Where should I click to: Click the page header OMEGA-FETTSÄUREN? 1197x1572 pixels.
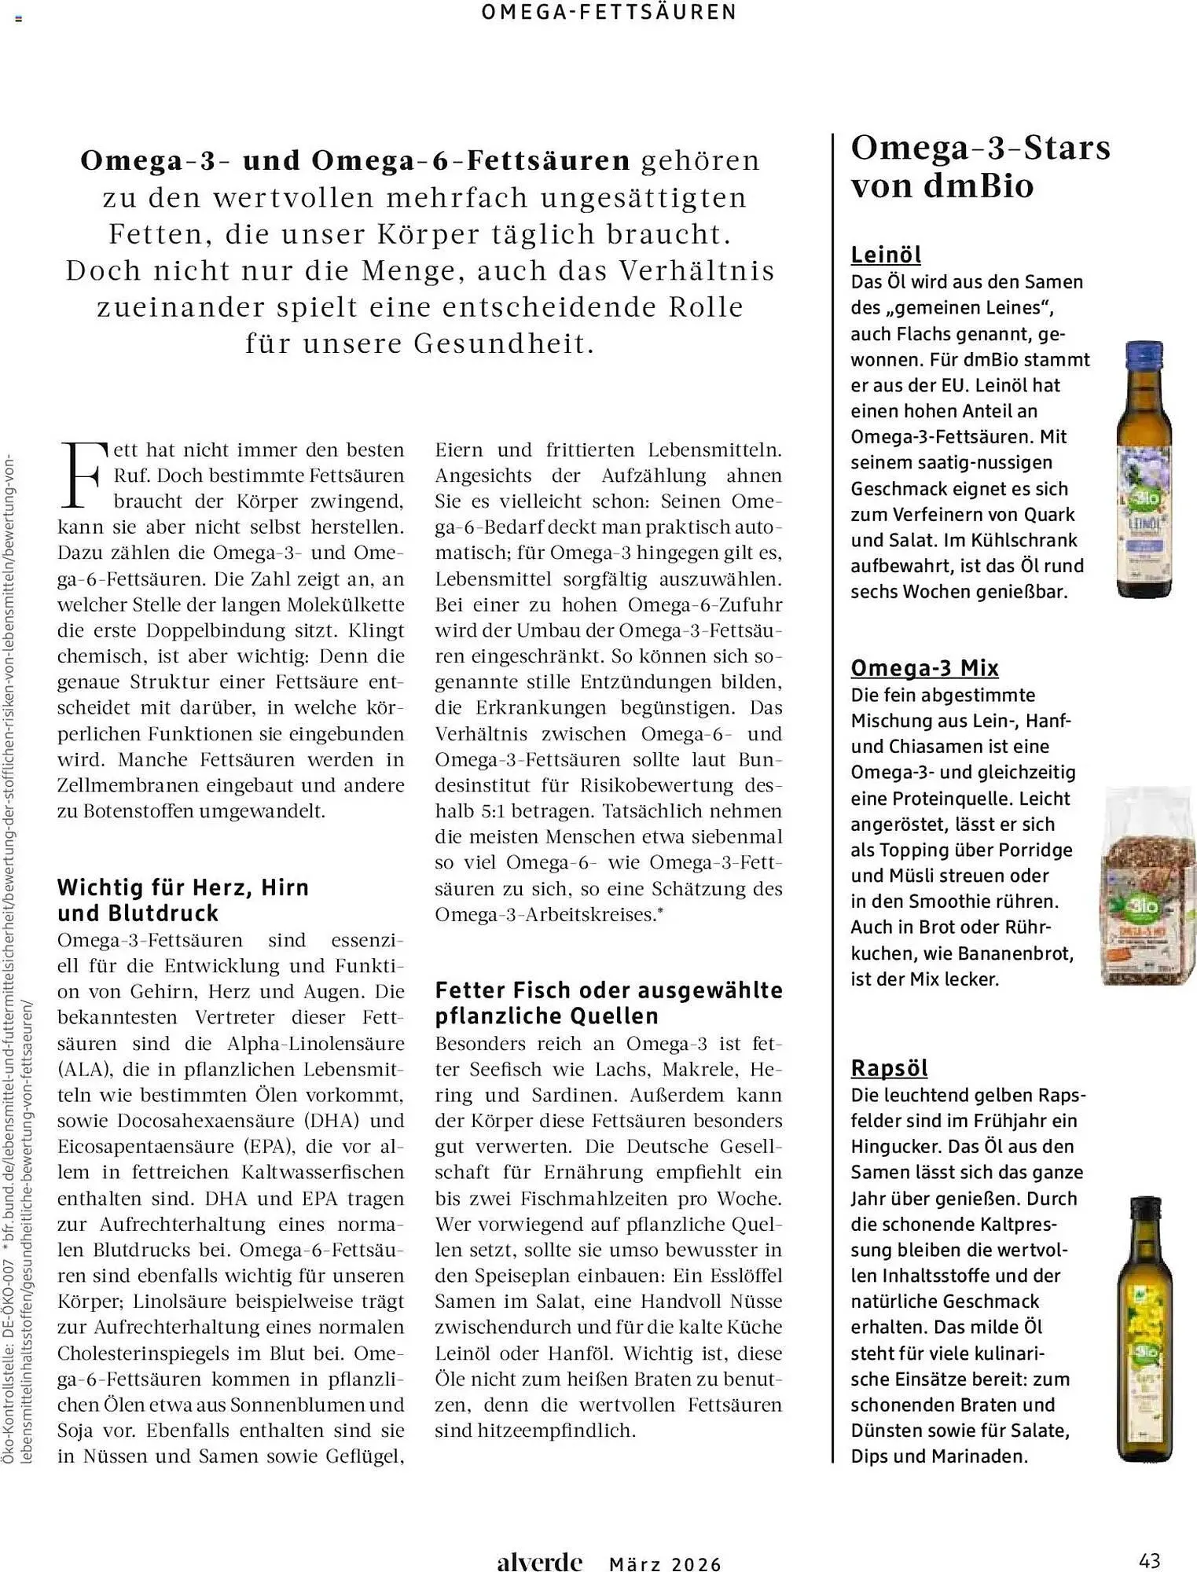coord(609,13)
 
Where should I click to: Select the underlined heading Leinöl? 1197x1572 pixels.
coord(886,255)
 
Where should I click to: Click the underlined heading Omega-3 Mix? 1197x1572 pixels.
coord(924,668)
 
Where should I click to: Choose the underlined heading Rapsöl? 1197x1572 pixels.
coord(889,1068)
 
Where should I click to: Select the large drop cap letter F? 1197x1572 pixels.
coord(82,475)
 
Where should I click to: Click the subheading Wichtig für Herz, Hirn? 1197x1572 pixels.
coord(183,887)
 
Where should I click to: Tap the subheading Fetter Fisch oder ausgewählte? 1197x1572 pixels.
coord(608,990)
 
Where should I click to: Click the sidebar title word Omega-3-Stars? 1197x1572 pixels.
coord(980,148)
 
